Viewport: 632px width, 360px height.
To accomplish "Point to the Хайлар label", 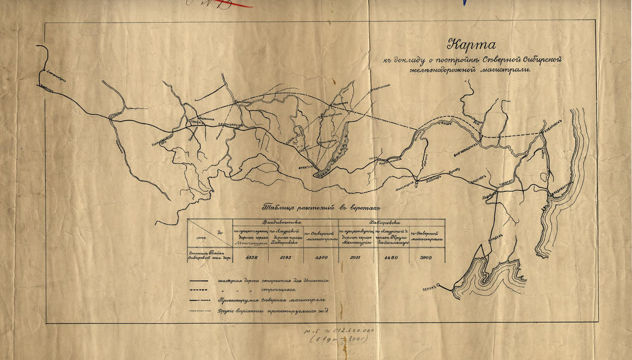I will (x=434, y=177).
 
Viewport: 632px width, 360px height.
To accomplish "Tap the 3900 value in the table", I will (x=426, y=258).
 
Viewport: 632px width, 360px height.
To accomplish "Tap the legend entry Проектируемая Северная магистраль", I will (x=272, y=300).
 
